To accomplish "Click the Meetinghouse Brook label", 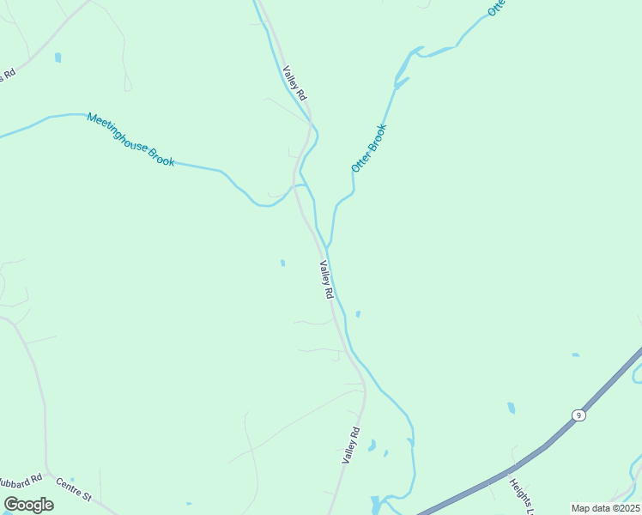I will click(130, 139).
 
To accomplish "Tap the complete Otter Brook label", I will click(369, 148).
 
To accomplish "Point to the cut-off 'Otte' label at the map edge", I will click(496, 8).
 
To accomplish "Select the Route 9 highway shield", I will click(579, 415).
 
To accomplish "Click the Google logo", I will click(28, 505).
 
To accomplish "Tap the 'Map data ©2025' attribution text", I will click(605, 508).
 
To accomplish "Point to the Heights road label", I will click(522, 496).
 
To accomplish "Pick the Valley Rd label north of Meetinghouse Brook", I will click(295, 84).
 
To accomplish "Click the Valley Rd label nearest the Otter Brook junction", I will click(326, 279).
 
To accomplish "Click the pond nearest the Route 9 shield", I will click(512, 408).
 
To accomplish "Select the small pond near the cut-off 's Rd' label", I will click(58, 58).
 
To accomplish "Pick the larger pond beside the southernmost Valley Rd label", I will click(372, 445).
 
